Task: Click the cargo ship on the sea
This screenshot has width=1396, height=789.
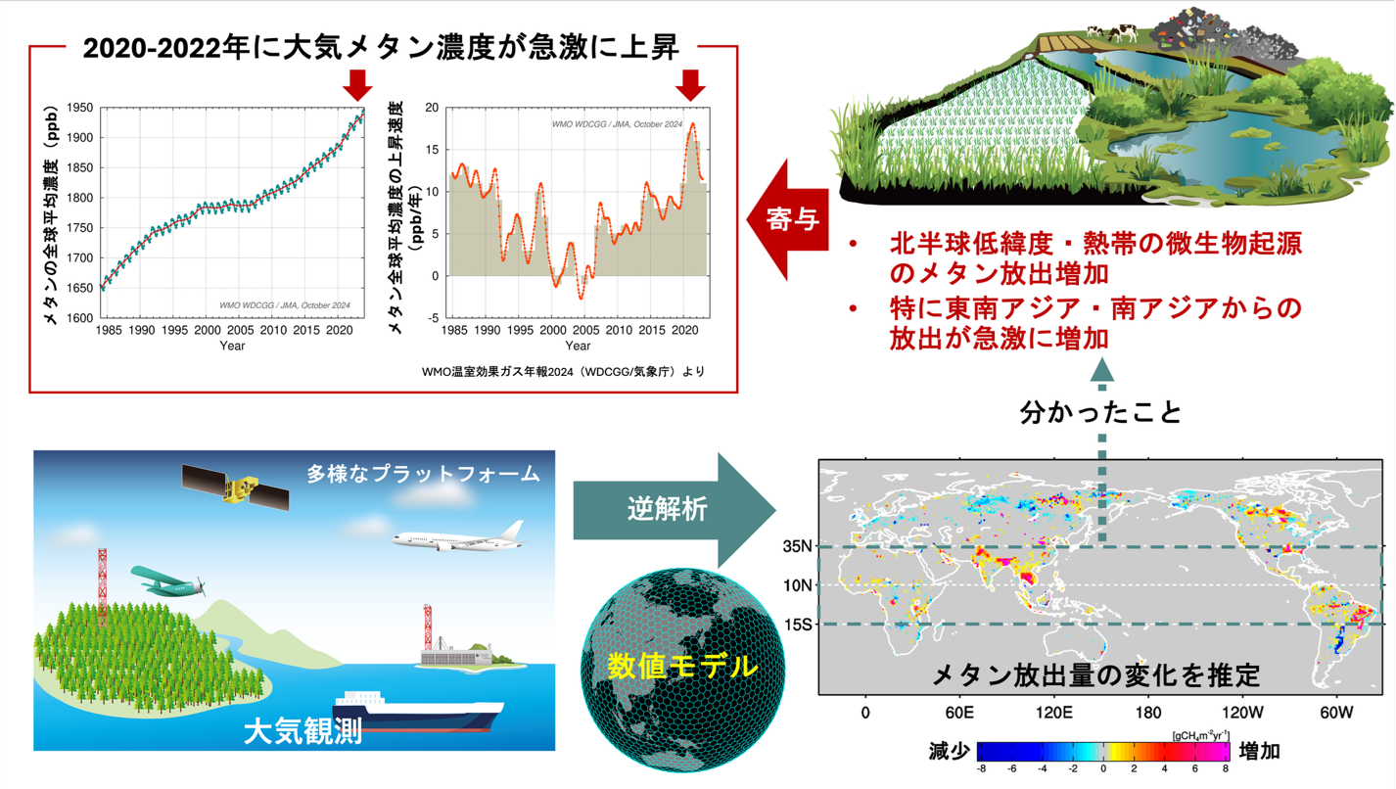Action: click(418, 712)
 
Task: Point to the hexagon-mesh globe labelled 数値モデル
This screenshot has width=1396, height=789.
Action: click(682, 670)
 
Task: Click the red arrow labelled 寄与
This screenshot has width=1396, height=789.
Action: click(788, 219)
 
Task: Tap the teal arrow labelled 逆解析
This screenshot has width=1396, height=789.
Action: click(675, 510)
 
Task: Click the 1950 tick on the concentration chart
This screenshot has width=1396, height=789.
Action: click(79, 108)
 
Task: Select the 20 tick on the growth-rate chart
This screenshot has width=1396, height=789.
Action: click(432, 108)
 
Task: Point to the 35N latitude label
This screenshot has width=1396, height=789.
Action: click(798, 546)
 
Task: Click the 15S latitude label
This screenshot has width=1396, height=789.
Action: click(798, 624)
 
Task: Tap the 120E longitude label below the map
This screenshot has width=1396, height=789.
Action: click(1054, 713)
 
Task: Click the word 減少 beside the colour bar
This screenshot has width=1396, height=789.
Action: click(950, 751)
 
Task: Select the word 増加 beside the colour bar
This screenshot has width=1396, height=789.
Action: click(1260, 751)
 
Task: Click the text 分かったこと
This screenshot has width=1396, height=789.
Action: click(1100, 412)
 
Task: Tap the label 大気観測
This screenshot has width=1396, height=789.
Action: click(302, 731)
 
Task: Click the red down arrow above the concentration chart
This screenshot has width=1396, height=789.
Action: click(357, 85)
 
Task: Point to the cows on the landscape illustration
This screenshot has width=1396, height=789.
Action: click(1112, 31)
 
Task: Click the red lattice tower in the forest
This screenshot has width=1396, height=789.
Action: click(102, 585)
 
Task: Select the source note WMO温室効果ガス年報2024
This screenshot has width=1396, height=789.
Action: click(497, 372)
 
